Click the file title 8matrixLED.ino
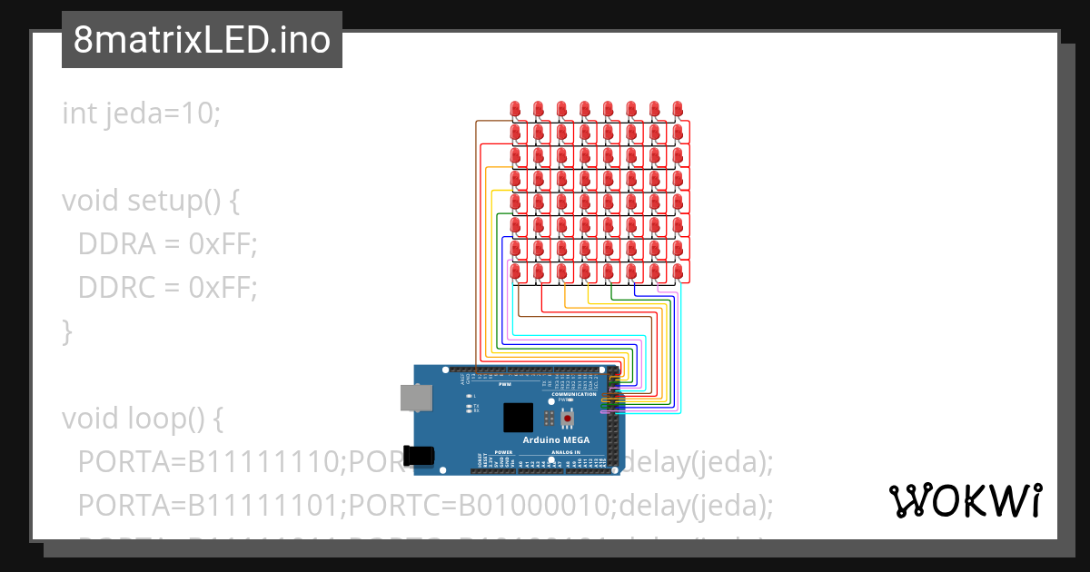pos(202,41)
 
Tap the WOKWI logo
pos(965,500)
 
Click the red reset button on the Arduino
pos(569,418)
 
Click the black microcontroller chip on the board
pos(519,418)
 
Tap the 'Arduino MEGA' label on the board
pos(557,440)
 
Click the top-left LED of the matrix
pos(515,109)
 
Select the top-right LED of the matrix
pos(678,109)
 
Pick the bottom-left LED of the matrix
pos(515,271)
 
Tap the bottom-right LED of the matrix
pos(678,271)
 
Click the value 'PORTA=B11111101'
pos(210,506)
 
